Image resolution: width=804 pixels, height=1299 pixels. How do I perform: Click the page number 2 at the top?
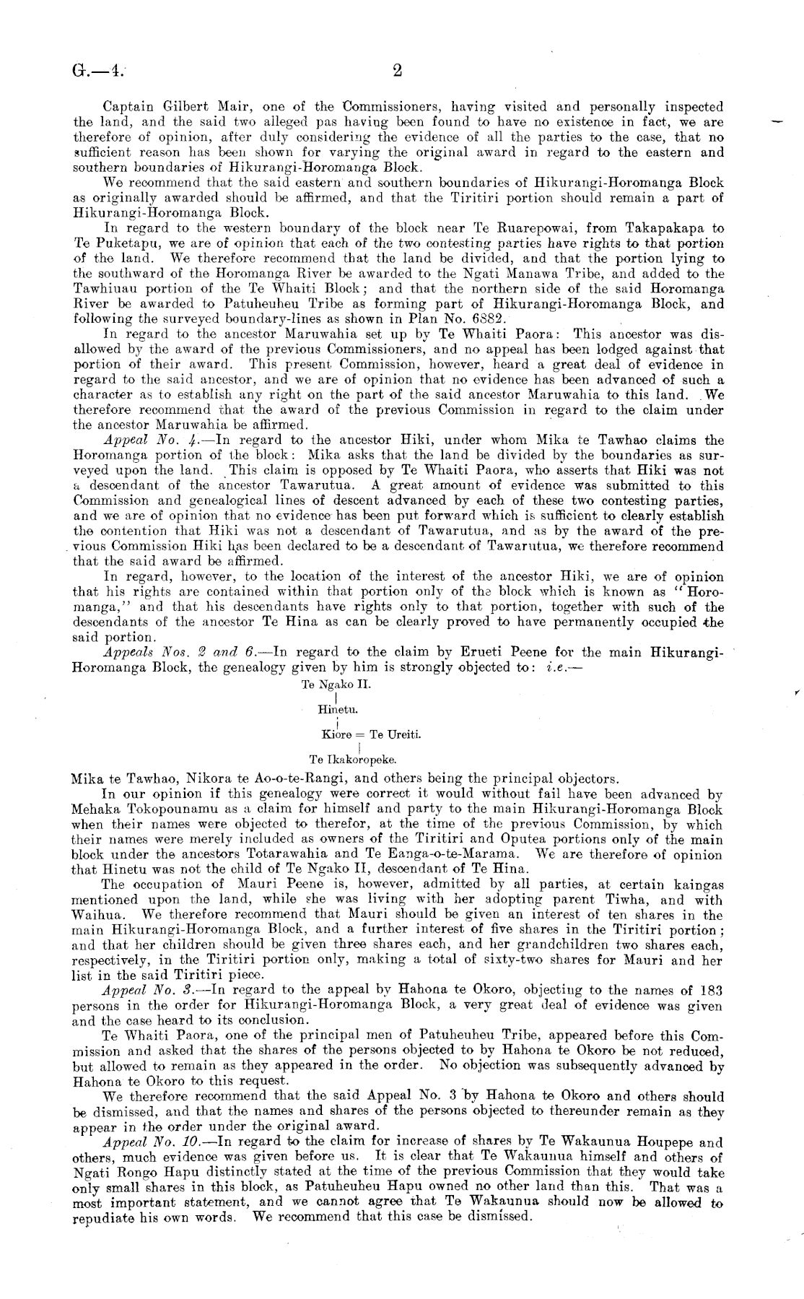(397, 71)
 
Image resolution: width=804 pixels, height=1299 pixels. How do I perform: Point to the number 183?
(709, 990)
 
